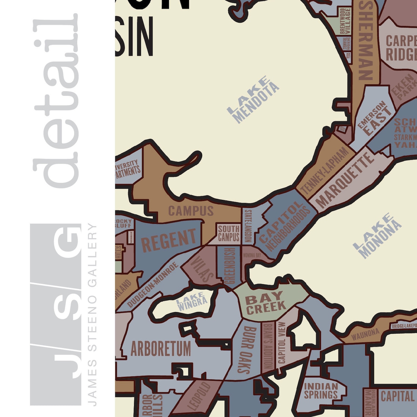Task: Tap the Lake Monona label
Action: click(x=377, y=236)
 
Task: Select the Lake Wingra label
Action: click(x=191, y=302)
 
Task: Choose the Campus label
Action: click(x=191, y=211)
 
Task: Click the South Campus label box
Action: click(x=229, y=233)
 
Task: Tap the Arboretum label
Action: click(x=161, y=349)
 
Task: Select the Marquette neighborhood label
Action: click(x=344, y=180)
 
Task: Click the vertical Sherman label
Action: click(x=366, y=40)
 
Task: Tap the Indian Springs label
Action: click(x=321, y=391)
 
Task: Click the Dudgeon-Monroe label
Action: click(x=153, y=285)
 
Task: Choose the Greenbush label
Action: click(x=229, y=266)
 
